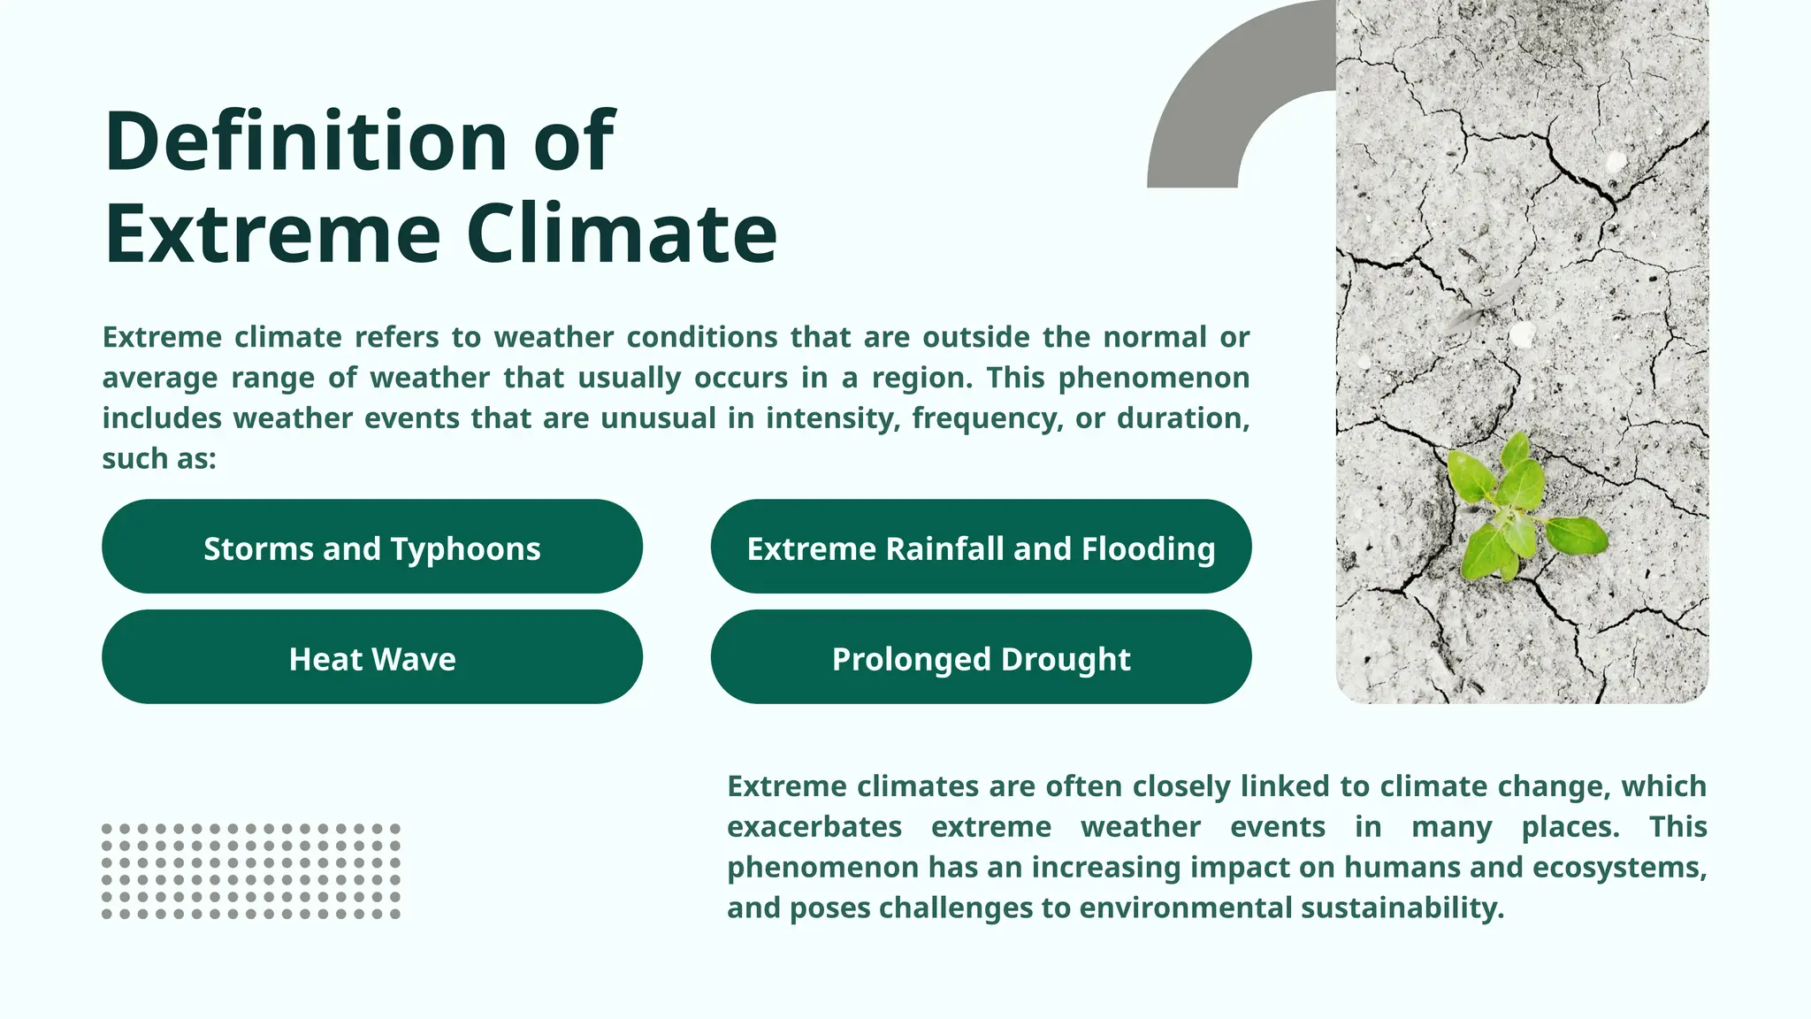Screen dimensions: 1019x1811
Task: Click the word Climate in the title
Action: (621, 234)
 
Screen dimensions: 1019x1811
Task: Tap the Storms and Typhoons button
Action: (371, 547)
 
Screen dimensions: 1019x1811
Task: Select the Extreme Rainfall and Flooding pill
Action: (981, 547)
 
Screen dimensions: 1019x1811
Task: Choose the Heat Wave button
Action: (371, 657)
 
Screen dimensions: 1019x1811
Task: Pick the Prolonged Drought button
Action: (981, 657)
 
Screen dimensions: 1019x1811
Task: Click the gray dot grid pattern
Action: (251, 871)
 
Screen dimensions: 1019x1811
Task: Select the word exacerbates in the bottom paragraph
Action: (814, 827)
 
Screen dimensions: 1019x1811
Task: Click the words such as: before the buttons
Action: (159, 459)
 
